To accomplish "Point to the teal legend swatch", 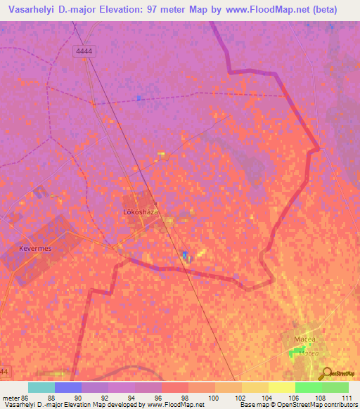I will (41, 387).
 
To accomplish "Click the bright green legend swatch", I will (308, 387).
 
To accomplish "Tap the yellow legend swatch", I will (281, 387).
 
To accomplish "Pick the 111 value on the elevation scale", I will (345, 397).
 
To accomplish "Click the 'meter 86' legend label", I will (15, 397).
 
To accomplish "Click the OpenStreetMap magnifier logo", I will (326, 374).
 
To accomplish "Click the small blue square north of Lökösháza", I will (139, 98).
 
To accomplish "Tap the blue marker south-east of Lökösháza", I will (185, 254).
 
